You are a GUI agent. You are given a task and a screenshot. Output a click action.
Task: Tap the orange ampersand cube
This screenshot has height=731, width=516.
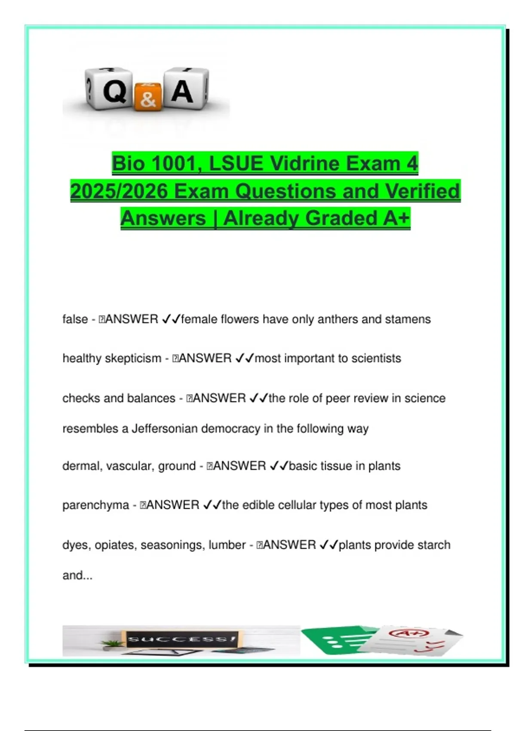point(148,97)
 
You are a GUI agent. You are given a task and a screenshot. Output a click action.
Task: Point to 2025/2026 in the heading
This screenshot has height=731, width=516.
point(119,191)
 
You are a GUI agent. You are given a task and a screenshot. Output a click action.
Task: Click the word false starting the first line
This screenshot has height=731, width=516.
point(75,319)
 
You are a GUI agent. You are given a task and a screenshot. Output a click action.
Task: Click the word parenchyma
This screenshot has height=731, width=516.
point(95,505)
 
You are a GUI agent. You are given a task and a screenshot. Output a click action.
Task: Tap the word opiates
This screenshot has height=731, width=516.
point(114,545)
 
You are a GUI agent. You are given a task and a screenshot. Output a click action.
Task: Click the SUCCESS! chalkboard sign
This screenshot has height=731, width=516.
point(181,639)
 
